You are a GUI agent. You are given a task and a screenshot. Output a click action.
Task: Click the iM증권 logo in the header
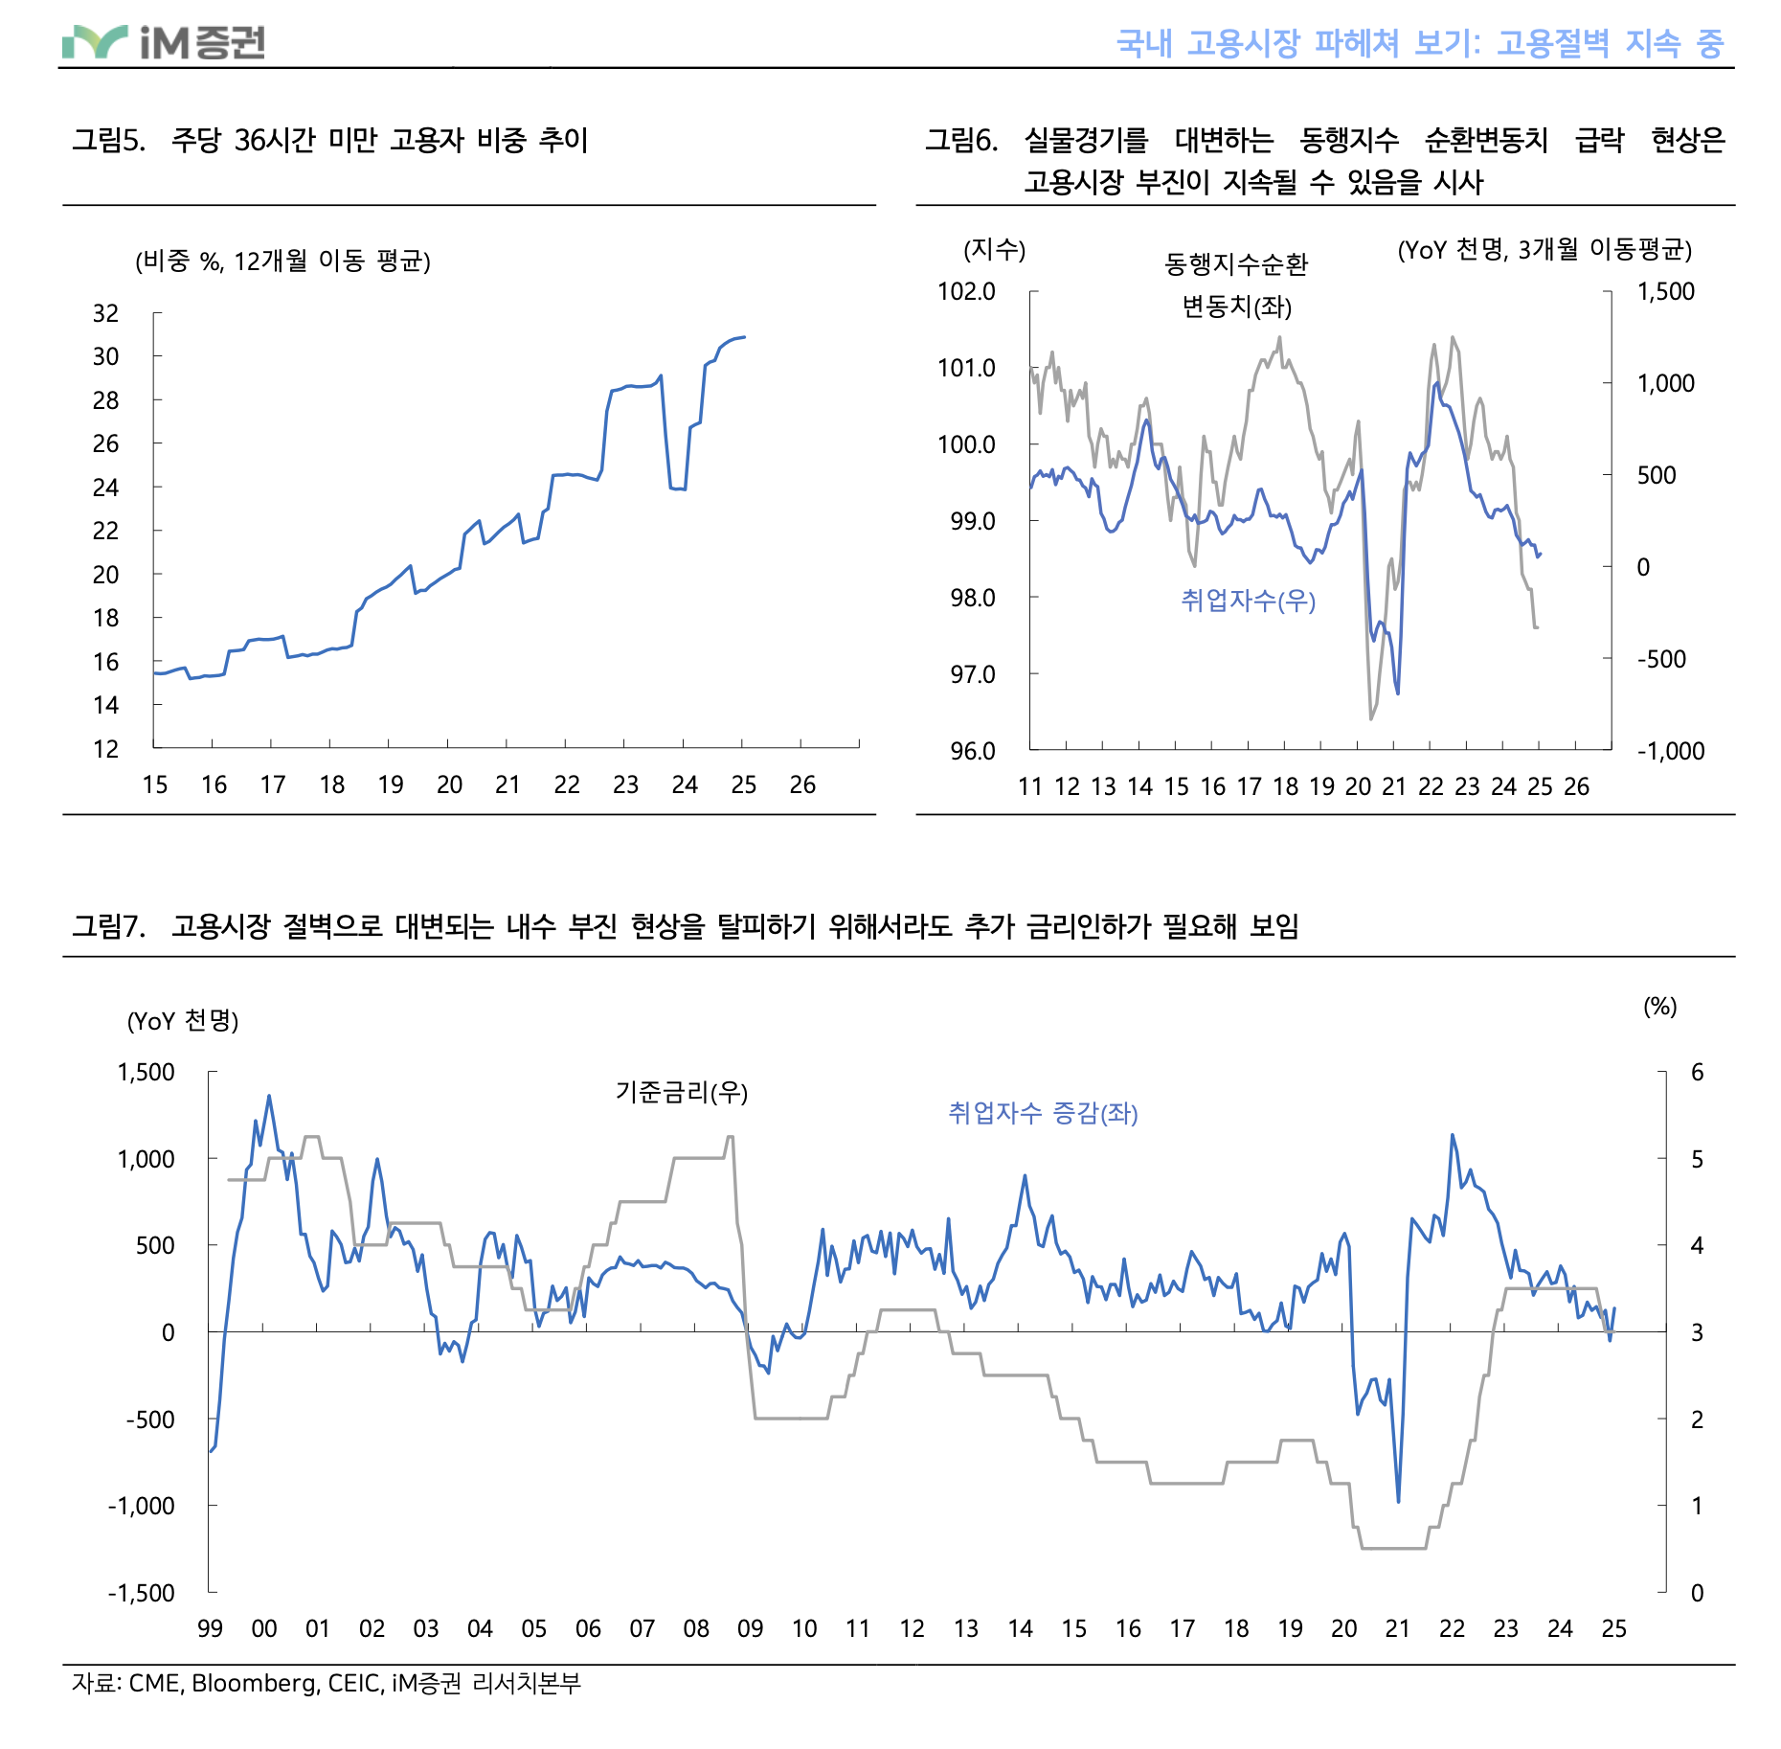pos(164,42)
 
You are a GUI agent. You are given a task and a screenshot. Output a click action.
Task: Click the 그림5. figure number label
pos(108,141)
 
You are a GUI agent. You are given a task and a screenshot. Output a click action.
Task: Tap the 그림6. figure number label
pos(960,141)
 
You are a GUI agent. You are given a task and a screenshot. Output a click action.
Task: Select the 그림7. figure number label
pos(108,926)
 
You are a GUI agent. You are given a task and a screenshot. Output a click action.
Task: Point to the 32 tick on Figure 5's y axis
pos(105,313)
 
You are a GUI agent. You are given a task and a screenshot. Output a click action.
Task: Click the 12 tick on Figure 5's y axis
pos(105,749)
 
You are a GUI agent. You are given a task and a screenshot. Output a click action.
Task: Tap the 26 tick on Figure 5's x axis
pos(802,785)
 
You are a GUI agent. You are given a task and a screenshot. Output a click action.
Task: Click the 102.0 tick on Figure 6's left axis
pos(966,291)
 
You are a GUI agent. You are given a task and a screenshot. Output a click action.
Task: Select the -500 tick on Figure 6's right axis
pos(1661,659)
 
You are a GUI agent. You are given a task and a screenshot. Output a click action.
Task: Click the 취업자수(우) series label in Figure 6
pos(1248,601)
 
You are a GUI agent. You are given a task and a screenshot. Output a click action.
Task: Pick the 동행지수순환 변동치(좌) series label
pos(1236,285)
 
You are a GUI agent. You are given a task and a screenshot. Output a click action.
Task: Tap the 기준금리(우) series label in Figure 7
pos(681,1092)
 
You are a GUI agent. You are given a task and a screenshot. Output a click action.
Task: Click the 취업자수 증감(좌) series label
pos(1043,1113)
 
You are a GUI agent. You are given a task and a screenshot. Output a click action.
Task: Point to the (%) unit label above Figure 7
pos(1659,1007)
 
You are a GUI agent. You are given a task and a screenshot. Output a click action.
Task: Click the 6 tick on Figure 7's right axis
pos(1697,1072)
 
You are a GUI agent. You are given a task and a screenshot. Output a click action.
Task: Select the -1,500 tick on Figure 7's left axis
pos(142,1593)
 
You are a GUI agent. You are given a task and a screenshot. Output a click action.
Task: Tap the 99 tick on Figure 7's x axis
pos(210,1628)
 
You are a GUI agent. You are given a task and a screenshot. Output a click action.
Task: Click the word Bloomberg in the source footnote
pos(254,1683)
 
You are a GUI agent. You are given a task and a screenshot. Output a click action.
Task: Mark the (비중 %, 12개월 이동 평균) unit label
pos(282,261)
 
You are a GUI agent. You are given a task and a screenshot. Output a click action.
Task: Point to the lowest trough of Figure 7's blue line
pos(1398,1501)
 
